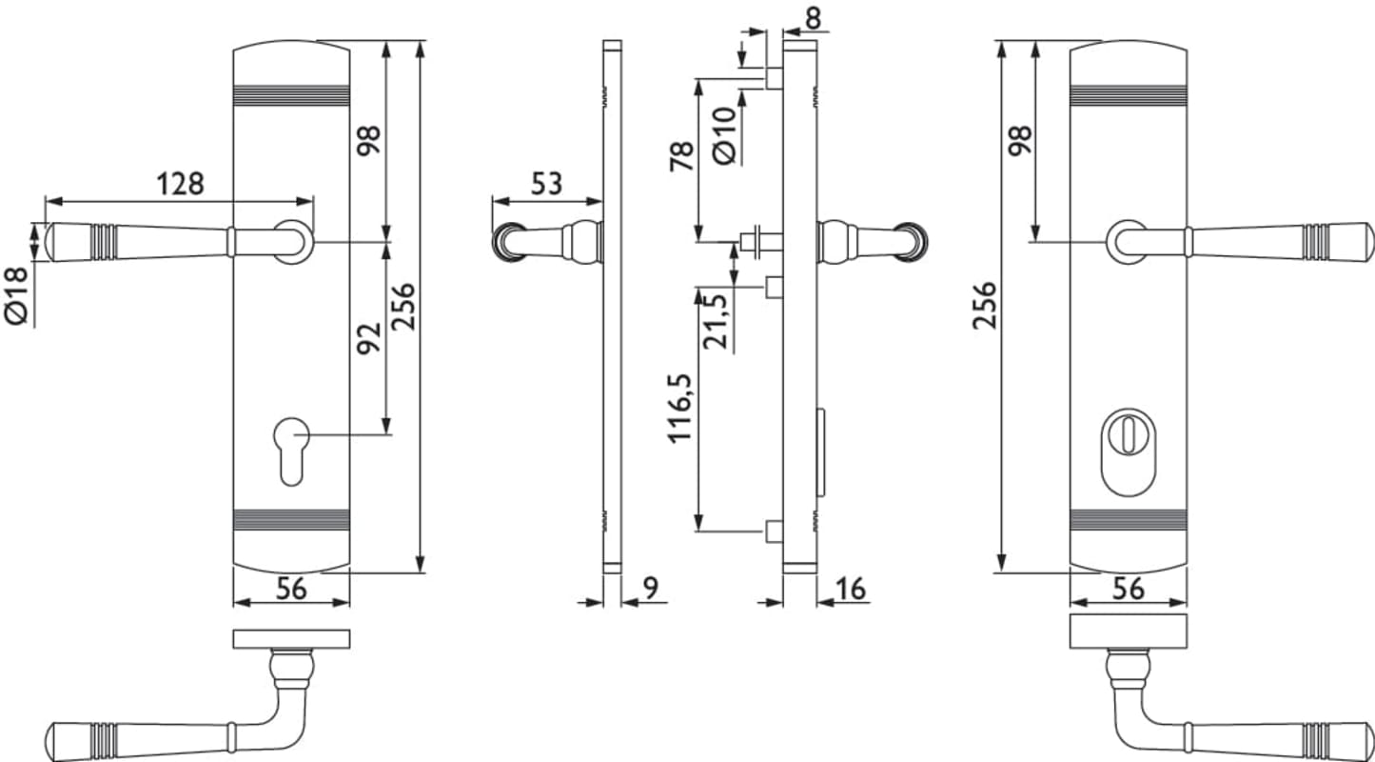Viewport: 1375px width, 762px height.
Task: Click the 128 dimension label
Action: coord(180,184)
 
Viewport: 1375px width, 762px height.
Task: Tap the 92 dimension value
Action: coord(369,338)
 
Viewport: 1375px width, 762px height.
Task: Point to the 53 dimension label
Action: coord(546,184)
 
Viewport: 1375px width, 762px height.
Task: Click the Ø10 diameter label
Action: coord(724,136)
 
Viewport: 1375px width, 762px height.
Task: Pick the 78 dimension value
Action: coord(681,156)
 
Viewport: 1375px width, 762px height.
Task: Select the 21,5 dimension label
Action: coord(716,321)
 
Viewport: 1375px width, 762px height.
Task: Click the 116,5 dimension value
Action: coord(680,408)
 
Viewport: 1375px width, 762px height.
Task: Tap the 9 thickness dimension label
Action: coord(650,588)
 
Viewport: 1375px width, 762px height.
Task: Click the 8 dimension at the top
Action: coord(813,18)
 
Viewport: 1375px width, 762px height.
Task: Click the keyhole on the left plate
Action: coord(291,451)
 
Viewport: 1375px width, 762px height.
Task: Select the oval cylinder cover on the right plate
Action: coord(1129,452)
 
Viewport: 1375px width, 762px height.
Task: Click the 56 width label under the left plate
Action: coord(291,589)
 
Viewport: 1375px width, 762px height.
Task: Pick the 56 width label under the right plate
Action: coord(1129,589)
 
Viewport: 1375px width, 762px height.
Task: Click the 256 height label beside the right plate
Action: coord(984,306)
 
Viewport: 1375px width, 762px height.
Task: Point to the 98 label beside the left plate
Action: coord(369,141)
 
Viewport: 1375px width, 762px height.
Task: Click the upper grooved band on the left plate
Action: coord(291,95)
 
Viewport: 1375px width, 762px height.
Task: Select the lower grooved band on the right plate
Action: coord(1129,520)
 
